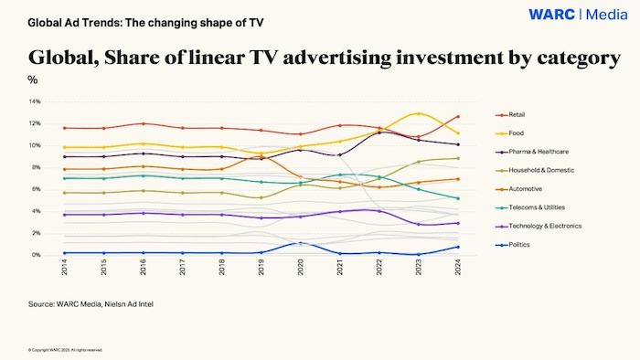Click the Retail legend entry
pyautogui.click(x=522, y=115)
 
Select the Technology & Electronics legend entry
pyautogui.click(x=545, y=227)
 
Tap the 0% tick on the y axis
pyautogui.click(x=36, y=255)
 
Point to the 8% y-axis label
pyautogui.click(x=36, y=167)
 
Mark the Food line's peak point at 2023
pyautogui.click(x=419, y=114)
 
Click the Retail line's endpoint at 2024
pyautogui.click(x=457, y=117)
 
